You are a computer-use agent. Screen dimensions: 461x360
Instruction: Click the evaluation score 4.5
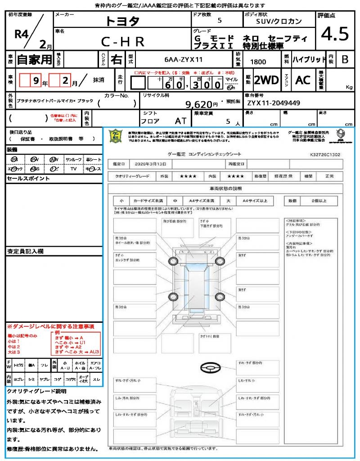click(x=335, y=34)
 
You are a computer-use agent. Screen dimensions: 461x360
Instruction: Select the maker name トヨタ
click(x=122, y=21)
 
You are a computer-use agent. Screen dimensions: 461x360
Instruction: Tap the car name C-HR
click(x=122, y=41)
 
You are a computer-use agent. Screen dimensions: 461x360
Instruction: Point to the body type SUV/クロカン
click(x=279, y=21)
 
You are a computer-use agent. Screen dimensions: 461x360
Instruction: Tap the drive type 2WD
click(x=266, y=80)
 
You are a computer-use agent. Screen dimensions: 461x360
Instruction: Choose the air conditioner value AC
click(x=303, y=80)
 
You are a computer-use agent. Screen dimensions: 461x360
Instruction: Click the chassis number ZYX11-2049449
click(x=273, y=103)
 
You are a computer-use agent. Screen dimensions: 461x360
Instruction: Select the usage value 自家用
click(x=35, y=59)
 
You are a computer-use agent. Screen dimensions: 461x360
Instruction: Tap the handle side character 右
click(x=117, y=59)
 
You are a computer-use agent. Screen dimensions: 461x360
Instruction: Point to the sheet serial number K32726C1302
click(x=325, y=154)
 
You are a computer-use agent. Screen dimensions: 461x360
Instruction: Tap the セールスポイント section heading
click(x=22, y=179)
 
